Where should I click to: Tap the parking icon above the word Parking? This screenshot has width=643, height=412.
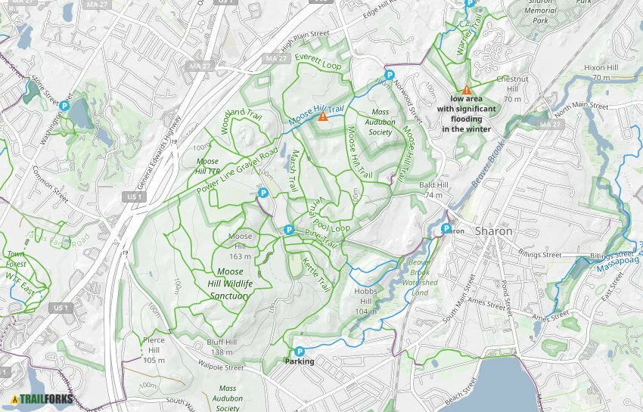[300, 351]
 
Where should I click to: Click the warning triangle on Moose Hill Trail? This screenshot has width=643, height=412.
[323, 116]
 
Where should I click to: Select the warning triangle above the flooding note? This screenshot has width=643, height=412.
[467, 89]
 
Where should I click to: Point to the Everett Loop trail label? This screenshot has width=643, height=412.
[318, 61]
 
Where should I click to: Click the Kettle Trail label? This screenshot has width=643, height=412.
[316, 276]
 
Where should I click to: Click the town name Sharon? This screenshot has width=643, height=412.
[494, 231]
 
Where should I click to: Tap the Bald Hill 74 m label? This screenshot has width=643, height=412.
[430, 190]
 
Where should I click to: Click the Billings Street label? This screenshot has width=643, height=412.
[540, 255]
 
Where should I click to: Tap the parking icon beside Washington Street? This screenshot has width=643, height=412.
[65, 107]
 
